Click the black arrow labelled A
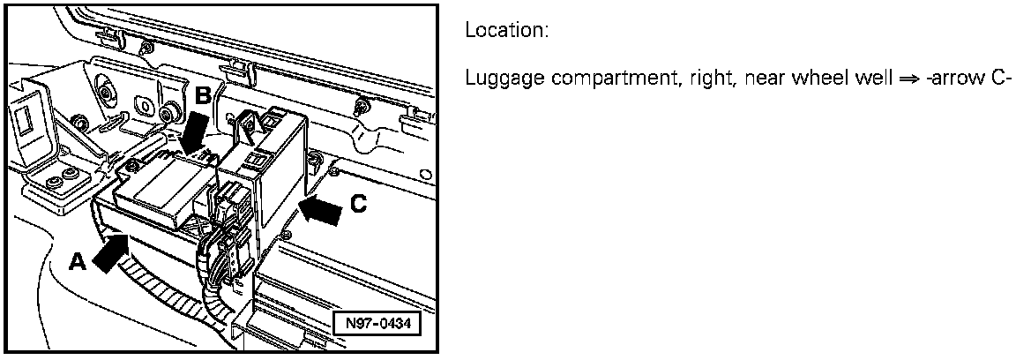point(108,255)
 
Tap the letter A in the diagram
point(78,262)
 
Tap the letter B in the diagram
point(203,96)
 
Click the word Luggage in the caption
point(494,80)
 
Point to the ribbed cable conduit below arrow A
point(168,282)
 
